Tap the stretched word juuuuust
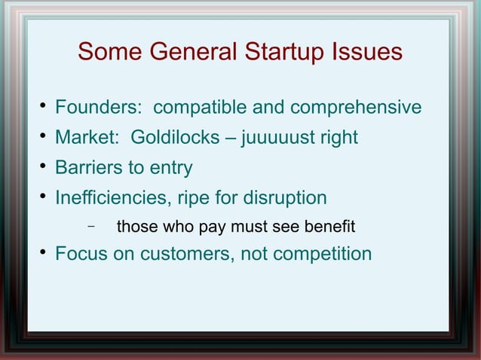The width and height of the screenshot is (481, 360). pos(278,138)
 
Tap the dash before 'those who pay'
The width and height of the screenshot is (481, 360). pos(90,226)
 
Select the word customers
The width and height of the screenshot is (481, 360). pos(181,254)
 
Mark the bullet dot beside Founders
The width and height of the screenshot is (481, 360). pos(44,107)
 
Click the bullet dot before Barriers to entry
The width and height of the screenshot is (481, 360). pos(44,166)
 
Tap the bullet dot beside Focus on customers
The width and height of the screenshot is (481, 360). pos(44,253)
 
